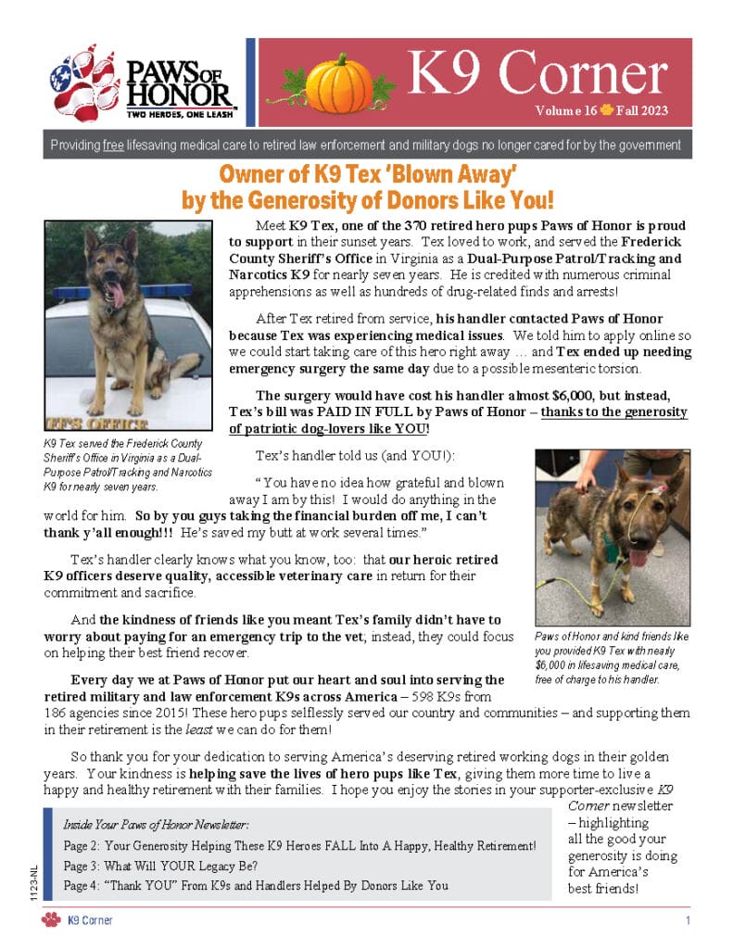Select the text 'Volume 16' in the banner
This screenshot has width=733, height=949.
pos(564,110)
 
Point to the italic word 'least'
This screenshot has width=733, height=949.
pos(253,728)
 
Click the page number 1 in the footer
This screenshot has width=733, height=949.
pos(688,920)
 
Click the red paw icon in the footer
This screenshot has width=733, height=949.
pos(51,919)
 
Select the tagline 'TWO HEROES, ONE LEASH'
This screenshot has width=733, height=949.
pos(180,116)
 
